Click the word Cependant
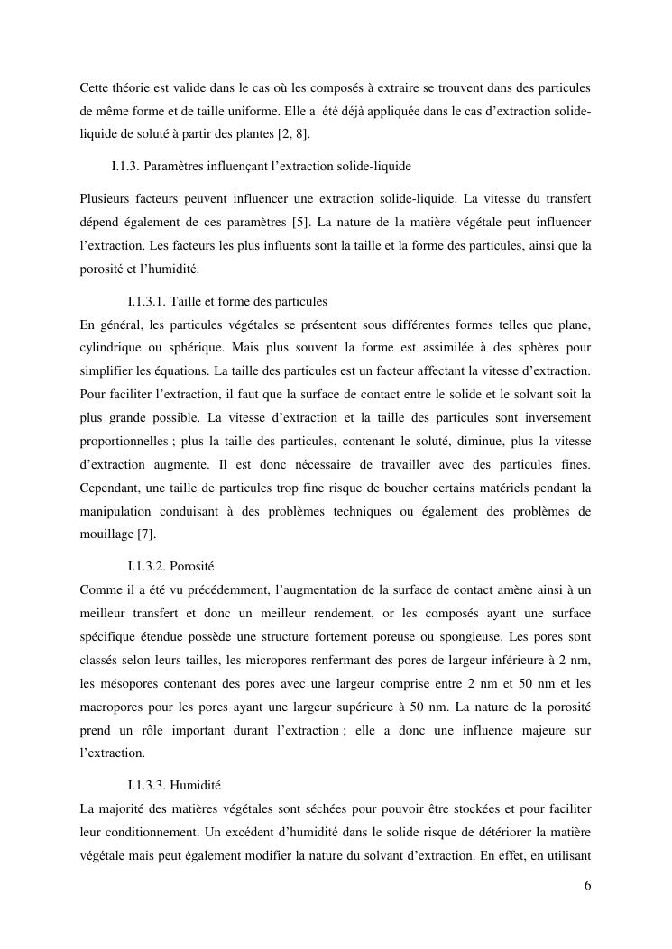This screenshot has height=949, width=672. click(111, 488)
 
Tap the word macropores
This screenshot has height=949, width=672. click(113, 706)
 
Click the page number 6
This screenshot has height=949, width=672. click(587, 884)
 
